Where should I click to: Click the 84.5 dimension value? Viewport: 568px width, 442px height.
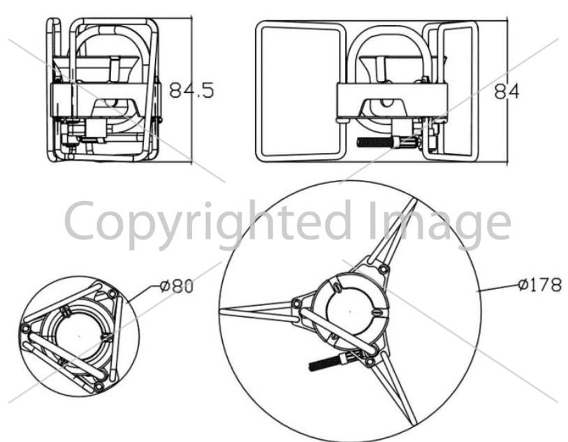tap(191, 90)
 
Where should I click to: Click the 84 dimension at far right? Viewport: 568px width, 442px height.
tap(507, 91)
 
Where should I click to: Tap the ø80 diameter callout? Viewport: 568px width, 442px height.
tap(177, 286)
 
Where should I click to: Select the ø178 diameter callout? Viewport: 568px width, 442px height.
tap(539, 284)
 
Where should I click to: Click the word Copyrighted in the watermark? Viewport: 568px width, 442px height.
tap(208, 221)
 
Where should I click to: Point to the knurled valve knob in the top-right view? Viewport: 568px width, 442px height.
tap(377, 142)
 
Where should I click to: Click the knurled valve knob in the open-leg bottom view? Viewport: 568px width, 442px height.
tap(326, 362)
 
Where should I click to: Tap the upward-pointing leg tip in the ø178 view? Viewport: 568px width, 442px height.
tap(414, 200)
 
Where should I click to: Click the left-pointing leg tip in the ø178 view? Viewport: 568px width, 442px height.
tap(221, 312)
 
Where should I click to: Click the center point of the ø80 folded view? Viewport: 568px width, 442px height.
tap(79, 337)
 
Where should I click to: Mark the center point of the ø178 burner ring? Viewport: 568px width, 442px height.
tap(350, 311)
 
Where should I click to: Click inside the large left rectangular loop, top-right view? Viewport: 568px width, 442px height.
tap(300, 91)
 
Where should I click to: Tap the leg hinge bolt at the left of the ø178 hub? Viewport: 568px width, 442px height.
tap(297, 302)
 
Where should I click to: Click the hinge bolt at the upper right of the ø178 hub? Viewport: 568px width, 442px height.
tap(384, 270)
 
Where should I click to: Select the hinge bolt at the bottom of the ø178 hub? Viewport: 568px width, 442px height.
tap(370, 362)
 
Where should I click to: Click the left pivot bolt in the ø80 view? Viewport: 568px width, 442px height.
tap(25, 329)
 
